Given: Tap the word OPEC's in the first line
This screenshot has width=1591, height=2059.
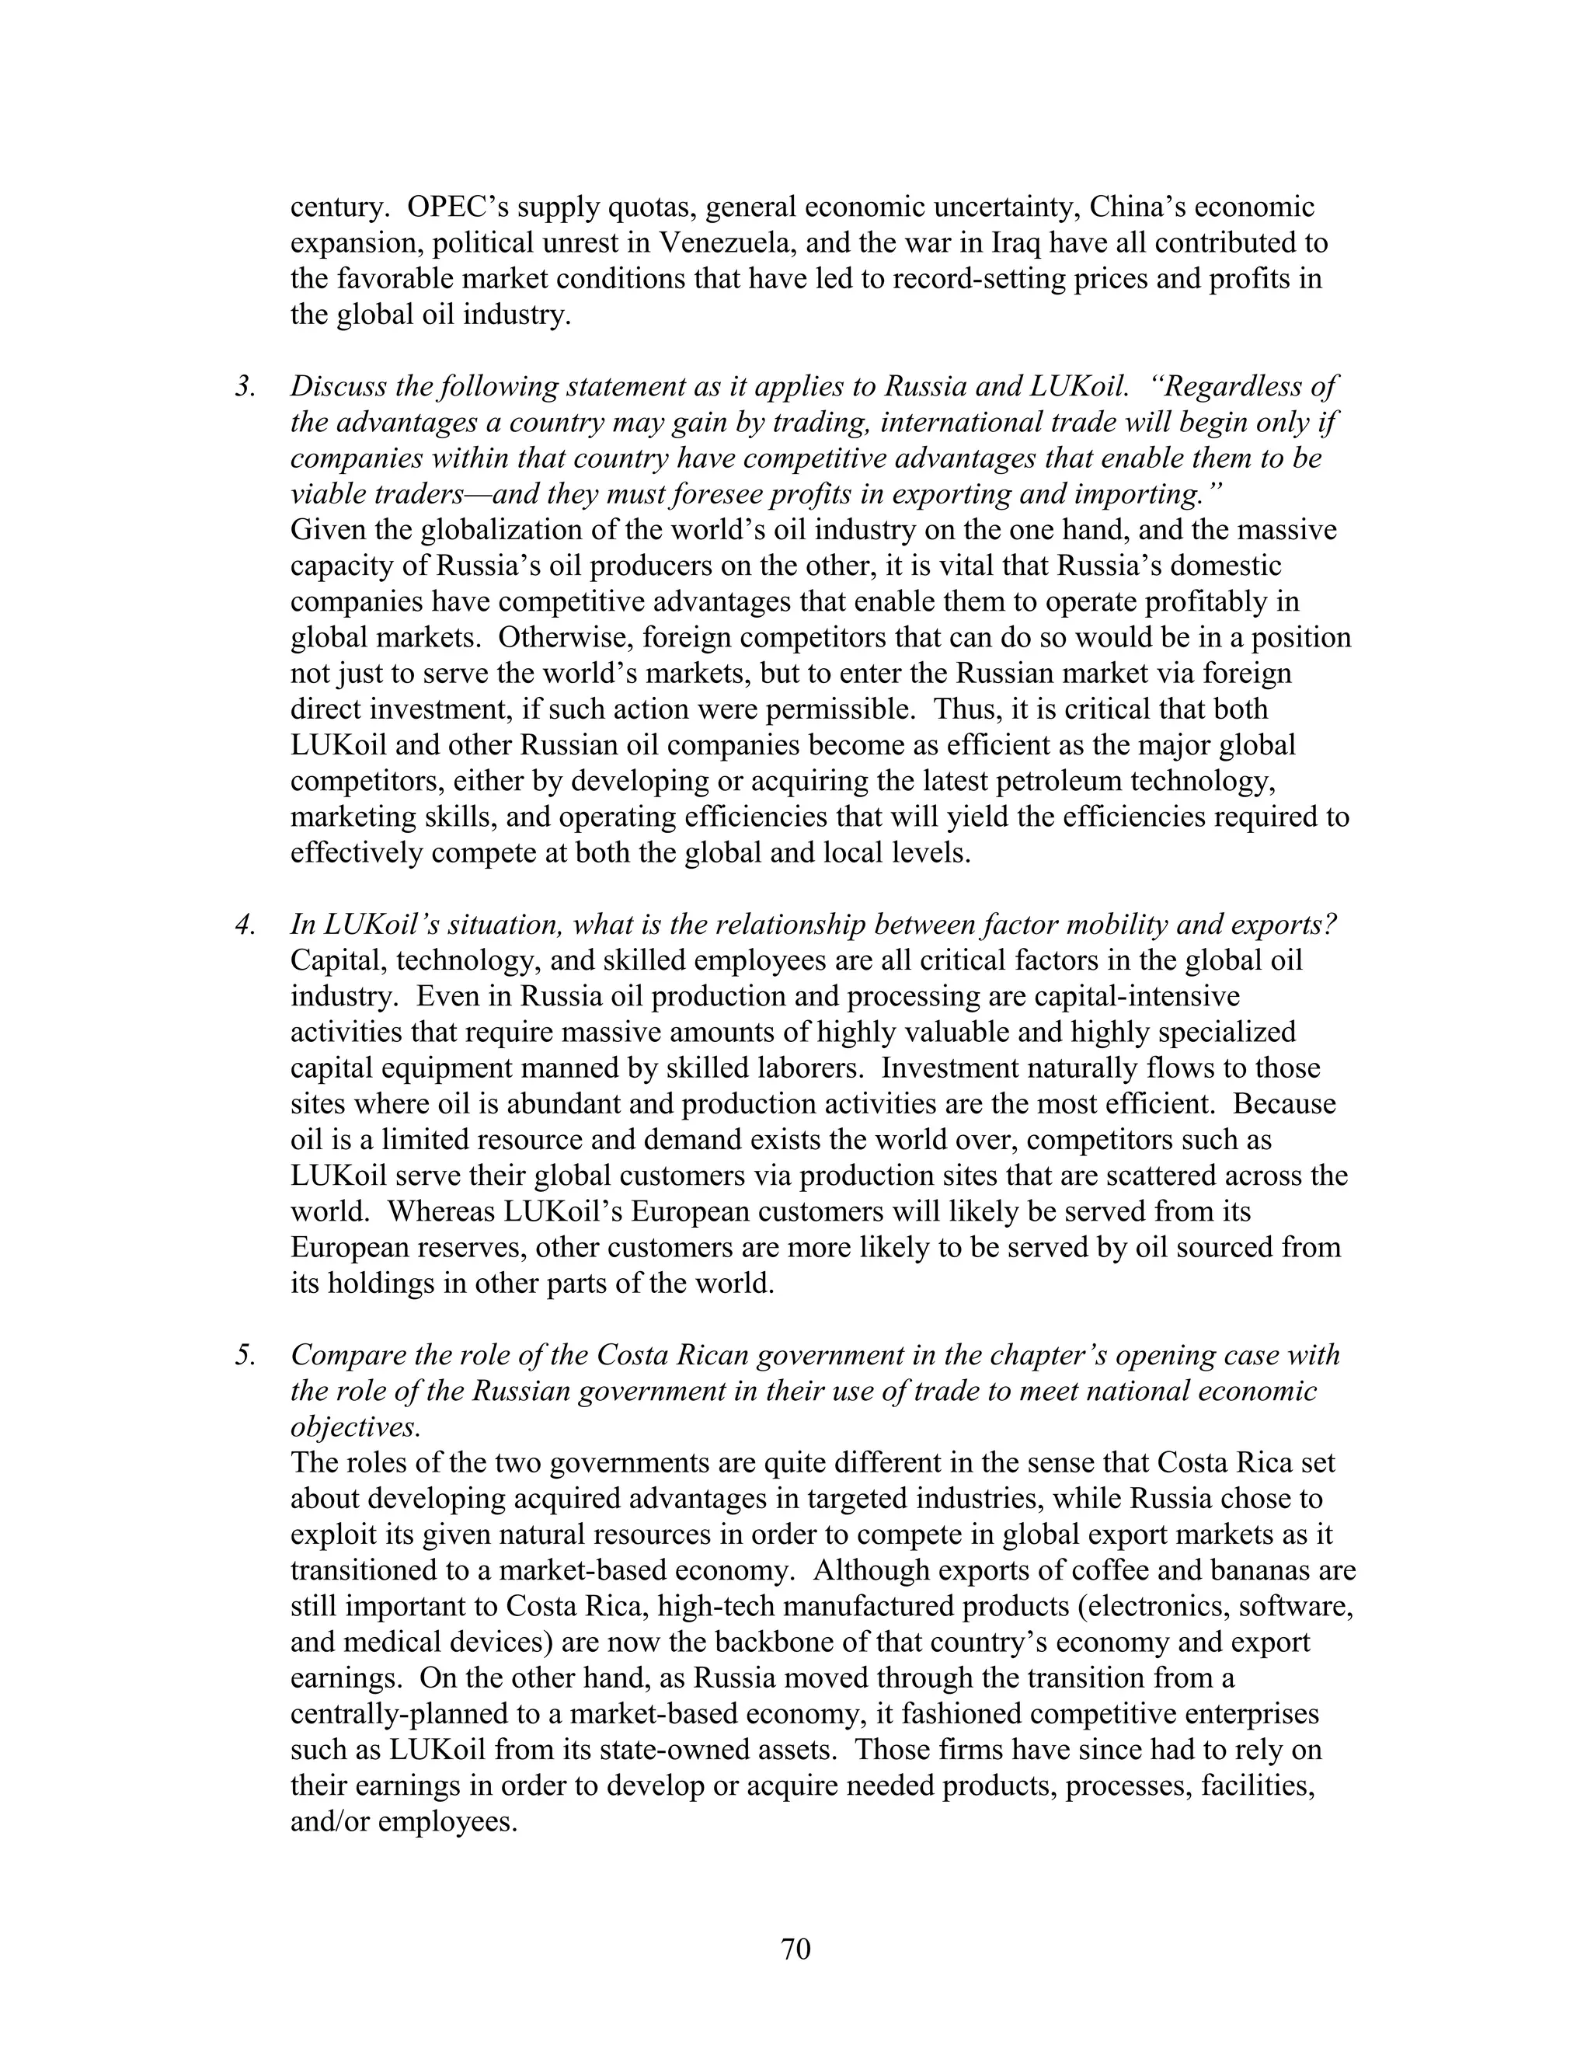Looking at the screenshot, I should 456,207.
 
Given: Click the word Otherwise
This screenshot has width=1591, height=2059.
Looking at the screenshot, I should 566,637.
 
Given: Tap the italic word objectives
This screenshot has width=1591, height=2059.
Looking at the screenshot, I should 354,1427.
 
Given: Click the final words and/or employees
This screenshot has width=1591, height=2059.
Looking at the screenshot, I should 404,1820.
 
